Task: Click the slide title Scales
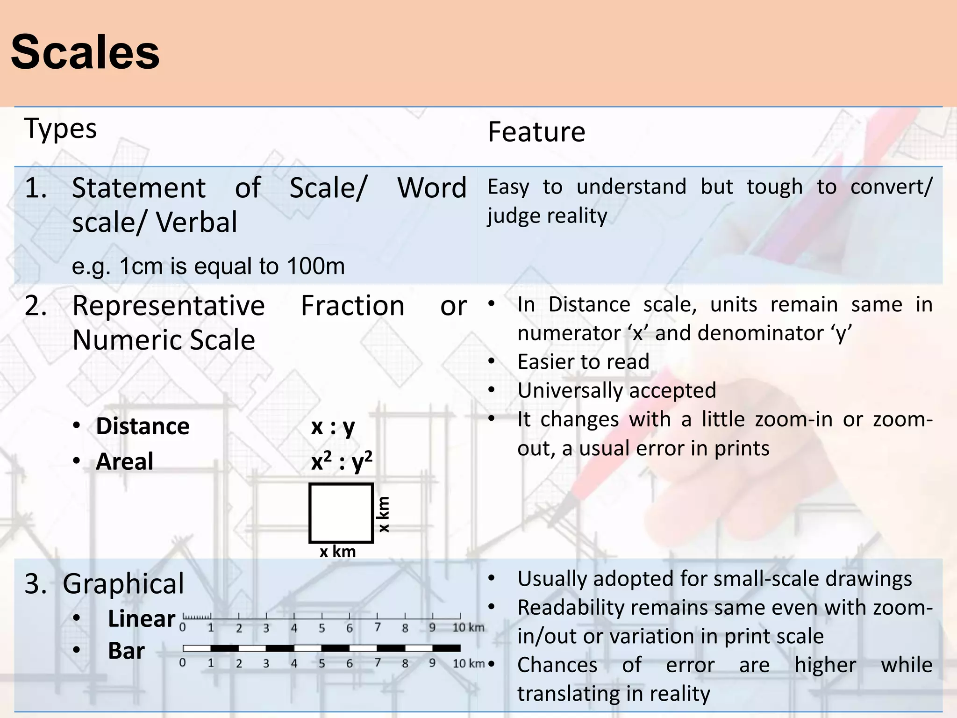85,52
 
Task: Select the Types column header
60,129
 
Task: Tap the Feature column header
536,132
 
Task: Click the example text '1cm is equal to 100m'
232,266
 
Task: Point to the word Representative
169,306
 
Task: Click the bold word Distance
143,426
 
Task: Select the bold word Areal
124,462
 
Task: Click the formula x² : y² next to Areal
342,462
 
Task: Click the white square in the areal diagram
341,513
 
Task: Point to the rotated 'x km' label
383,514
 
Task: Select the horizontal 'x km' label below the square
337,552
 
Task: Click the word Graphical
123,584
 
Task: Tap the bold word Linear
141,619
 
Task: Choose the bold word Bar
126,651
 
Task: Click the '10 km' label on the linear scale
468,628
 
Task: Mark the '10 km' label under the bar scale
468,663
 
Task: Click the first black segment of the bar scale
225,648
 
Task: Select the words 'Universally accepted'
617,390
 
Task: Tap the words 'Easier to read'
583,362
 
